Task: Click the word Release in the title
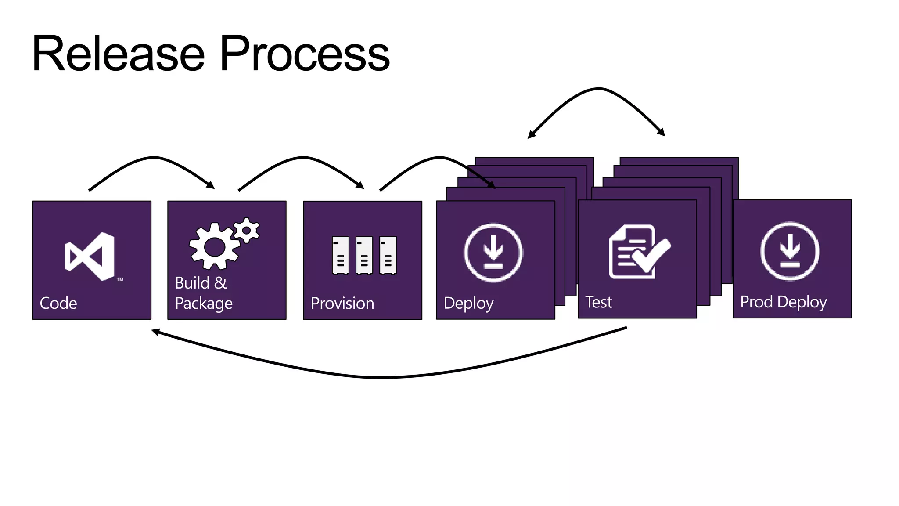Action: click(119, 54)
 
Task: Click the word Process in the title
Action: click(304, 54)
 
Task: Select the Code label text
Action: click(58, 303)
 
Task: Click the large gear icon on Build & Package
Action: click(214, 246)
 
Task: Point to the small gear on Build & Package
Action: click(246, 230)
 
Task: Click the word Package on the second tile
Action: click(204, 304)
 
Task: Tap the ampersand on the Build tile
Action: click(220, 283)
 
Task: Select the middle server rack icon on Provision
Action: click(364, 255)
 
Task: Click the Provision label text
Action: click(342, 303)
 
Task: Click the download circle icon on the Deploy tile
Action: click(493, 253)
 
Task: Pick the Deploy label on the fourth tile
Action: click(468, 303)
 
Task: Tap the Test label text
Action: click(599, 302)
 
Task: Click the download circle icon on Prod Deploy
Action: click(790, 252)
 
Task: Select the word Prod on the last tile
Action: click(756, 302)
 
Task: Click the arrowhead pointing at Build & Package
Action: click(211, 185)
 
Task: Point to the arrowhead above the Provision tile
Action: click(360, 185)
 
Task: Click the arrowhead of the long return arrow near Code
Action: click(155, 332)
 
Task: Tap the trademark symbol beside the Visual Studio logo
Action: click(120, 279)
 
